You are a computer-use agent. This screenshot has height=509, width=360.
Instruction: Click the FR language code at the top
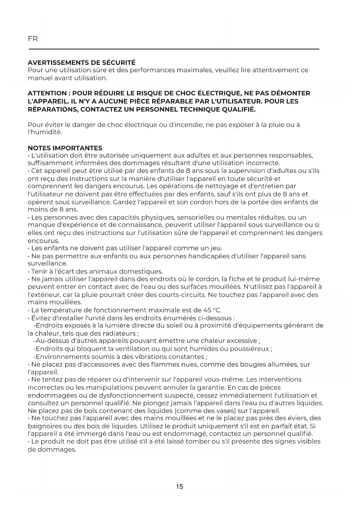33,39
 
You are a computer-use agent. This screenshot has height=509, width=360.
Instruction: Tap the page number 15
180,487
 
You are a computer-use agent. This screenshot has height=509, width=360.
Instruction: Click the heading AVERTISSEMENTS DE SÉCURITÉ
82,63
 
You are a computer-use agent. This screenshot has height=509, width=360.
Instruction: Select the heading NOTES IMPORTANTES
65,148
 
